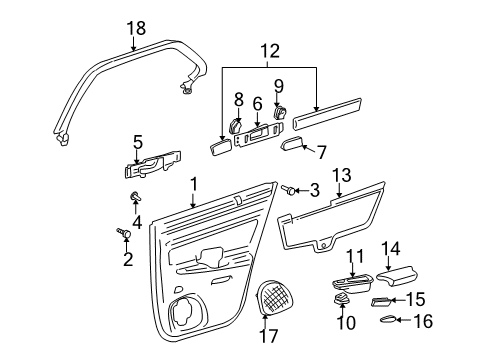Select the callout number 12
(268, 50)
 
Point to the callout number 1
(193, 184)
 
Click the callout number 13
(341, 176)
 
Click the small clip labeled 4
(133, 196)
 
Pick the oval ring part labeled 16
(390, 320)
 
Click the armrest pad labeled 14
(403, 277)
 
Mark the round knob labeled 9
(279, 114)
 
